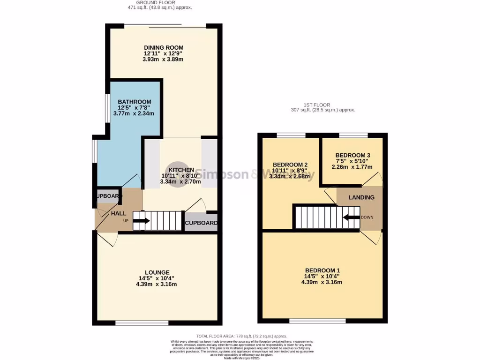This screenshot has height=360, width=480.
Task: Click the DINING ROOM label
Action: pyautogui.click(x=163, y=47)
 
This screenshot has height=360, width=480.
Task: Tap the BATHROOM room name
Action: pyautogui.click(x=134, y=102)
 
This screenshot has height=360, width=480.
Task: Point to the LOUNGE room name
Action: pyautogui.click(x=157, y=272)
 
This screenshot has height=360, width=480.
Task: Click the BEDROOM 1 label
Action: pyautogui.click(x=322, y=270)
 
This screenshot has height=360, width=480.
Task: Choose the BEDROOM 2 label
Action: pyautogui.click(x=290, y=165)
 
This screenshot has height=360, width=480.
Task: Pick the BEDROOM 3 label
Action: pyautogui.click(x=352, y=155)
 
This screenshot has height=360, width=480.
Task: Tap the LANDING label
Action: pyautogui.click(x=361, y=197)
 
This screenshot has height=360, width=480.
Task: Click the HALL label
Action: pyautogui.click(x=118, y=213)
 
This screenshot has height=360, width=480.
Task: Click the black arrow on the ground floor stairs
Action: pyautogui.click(x=142, y=221)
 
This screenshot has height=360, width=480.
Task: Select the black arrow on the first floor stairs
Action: pyautogui.click(x=350, y=217)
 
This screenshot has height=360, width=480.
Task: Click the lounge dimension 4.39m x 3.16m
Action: pyautogui.click(x=157, y=284)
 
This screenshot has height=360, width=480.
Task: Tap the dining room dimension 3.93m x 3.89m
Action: pyautogui.click(x=163, y=60)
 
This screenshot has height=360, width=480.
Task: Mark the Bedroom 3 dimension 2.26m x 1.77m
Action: pyautogui.click(x=352, y=167)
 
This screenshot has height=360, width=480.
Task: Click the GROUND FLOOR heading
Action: pyautogui.click(x=160, y=3)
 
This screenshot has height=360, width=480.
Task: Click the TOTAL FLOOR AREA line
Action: pyautogui.click(x=241, y=336)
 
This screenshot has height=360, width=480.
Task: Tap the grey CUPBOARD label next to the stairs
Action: pyautogui.click(x=201, y=223)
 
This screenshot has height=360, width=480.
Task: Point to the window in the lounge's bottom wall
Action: pyautogui.click(x=142, y=322)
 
